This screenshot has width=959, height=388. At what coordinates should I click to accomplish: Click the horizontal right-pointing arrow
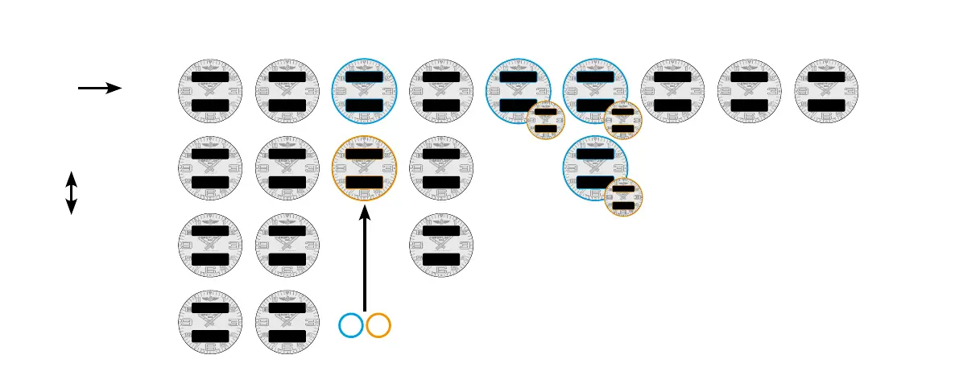100,88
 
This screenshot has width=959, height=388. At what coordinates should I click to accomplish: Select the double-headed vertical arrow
71,192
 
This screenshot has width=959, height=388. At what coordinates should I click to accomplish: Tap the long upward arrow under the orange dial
365,258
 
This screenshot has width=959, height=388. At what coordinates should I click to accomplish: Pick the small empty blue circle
351,325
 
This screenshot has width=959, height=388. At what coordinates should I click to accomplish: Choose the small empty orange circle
378,325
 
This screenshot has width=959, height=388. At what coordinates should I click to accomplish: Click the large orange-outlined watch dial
365,168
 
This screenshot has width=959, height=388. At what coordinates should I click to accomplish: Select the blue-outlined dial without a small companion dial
365,91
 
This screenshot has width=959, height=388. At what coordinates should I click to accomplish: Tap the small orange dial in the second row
623,198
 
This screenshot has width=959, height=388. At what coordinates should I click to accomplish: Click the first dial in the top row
210,91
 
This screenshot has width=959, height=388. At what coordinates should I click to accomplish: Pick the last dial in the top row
826,91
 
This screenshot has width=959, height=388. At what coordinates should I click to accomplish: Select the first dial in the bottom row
210,323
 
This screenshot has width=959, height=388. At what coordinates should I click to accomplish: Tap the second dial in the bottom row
287,323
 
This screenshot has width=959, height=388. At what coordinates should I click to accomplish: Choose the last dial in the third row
441,246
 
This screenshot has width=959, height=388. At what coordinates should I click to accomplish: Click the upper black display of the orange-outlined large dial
365,153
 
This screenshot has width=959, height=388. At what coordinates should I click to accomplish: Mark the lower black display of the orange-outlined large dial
365,182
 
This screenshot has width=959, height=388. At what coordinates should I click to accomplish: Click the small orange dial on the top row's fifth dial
546,121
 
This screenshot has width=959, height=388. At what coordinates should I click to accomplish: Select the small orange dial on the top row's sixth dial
623,121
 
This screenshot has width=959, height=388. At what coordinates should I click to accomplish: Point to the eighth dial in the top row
749,91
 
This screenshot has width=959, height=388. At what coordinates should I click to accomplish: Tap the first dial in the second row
210,168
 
